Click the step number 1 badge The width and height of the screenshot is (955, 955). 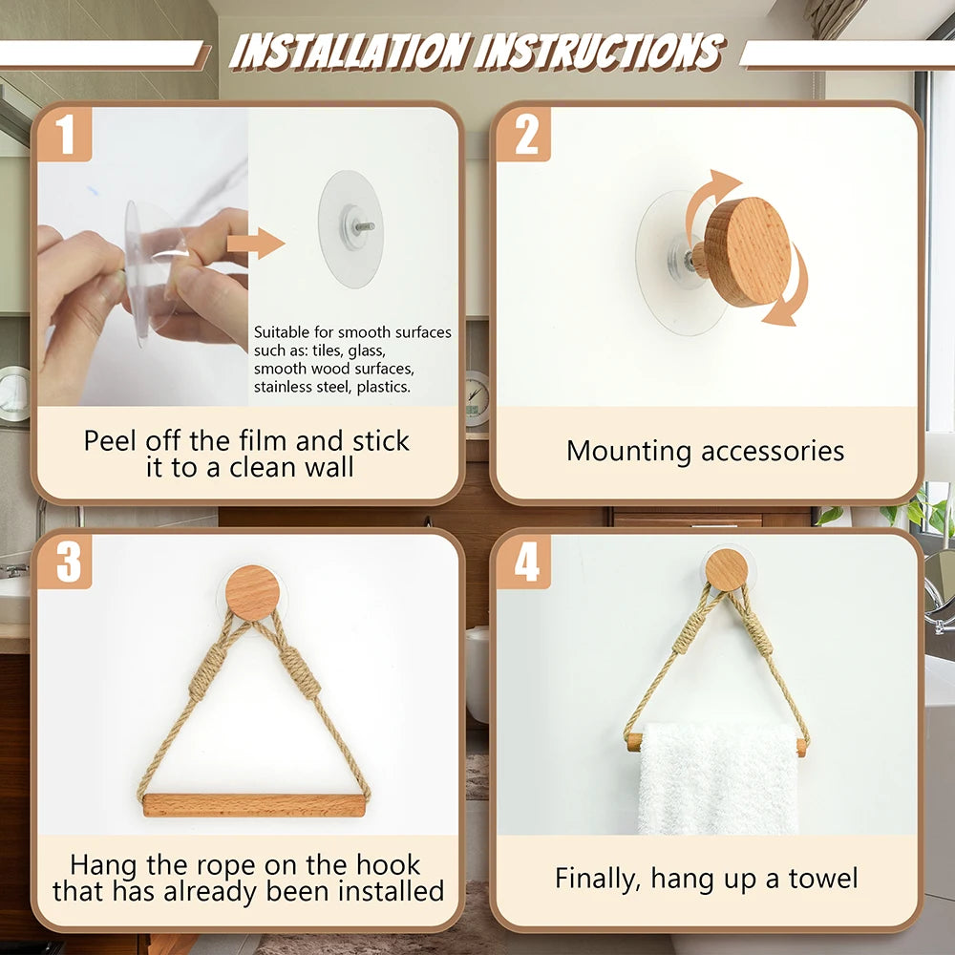65,135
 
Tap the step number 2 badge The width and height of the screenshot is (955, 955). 525,135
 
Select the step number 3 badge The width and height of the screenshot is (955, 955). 67,562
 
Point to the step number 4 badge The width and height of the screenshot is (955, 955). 525,562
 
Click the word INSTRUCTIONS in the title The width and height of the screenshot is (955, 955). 600,52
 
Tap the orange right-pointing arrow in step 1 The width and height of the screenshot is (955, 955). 255,244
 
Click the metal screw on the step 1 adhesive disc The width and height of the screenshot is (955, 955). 364,227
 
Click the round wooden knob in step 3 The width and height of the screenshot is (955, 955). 253,592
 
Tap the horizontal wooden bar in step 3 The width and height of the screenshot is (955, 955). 254,805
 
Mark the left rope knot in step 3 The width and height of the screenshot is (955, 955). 207,673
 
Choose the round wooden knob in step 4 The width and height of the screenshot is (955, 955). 727,570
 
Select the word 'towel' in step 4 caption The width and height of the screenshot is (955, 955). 823,879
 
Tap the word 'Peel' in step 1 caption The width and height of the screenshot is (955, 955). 111,440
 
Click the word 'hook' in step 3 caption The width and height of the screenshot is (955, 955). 386,865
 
